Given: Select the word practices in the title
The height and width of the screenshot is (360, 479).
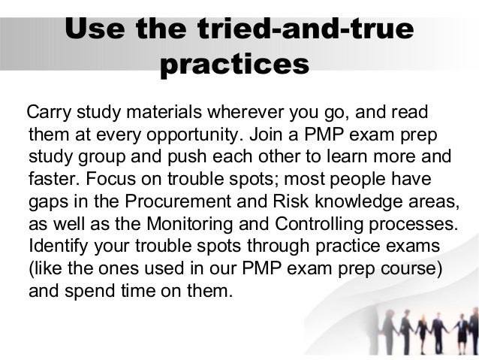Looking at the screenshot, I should coord(235,65).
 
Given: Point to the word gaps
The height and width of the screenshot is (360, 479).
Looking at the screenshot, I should coord(47,203).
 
